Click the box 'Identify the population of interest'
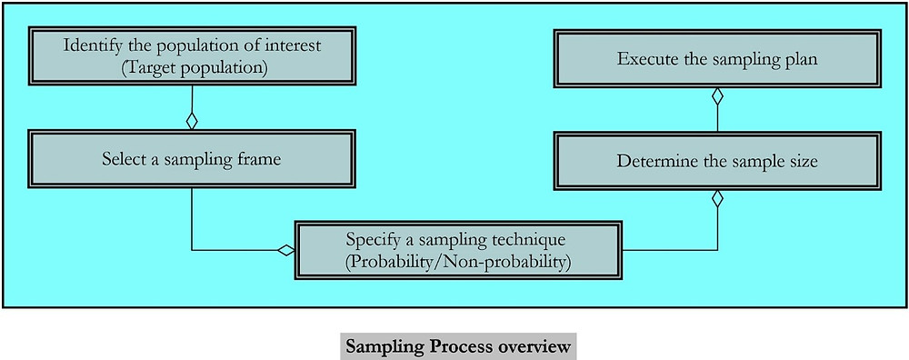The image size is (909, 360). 191,57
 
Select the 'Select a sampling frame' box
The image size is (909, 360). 191,158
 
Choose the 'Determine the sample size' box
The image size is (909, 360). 717,161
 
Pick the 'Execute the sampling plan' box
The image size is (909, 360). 717,60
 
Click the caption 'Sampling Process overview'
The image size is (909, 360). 457,346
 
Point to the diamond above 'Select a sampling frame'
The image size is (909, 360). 191,120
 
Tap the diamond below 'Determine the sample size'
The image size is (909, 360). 717,197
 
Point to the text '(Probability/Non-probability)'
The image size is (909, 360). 456,263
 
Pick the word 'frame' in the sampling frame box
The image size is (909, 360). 260,158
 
